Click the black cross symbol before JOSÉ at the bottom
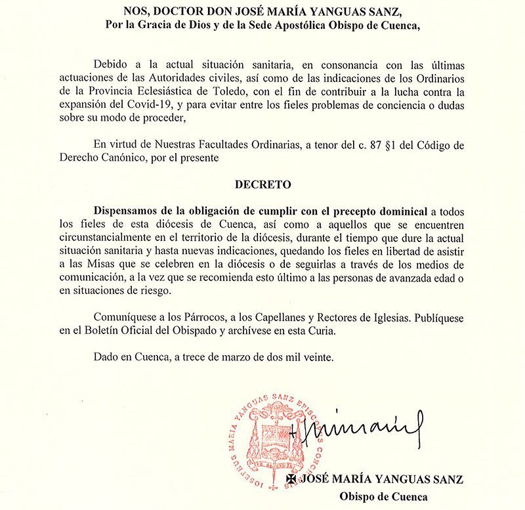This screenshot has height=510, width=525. click(291, 480)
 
